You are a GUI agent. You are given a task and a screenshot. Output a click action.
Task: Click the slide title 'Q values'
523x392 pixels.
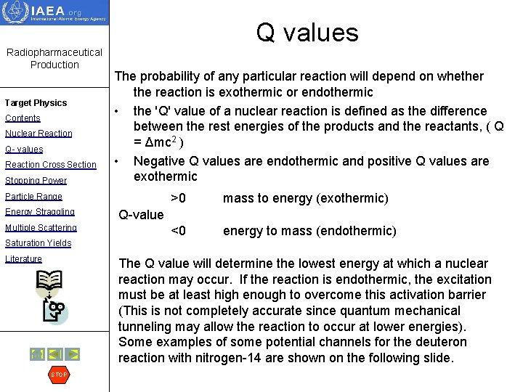307,33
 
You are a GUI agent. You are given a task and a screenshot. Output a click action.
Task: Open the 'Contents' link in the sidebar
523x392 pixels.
23,118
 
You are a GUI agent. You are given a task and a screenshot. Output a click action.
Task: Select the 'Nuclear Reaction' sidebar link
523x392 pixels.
38,134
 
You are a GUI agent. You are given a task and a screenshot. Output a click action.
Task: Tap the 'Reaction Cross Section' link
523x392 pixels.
50,165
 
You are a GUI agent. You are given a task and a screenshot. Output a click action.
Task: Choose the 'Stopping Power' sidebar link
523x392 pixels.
36,181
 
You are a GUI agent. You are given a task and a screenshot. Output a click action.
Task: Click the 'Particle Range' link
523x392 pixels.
33,197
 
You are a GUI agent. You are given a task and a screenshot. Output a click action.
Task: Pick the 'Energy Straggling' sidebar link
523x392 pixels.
39,212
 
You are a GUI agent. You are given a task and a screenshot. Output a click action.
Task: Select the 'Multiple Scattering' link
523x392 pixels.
41,228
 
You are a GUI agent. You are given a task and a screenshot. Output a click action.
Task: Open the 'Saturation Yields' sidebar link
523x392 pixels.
38,243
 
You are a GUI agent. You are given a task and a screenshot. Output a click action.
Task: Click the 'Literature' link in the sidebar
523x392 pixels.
23,259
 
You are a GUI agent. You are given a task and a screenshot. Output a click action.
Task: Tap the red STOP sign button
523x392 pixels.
58,375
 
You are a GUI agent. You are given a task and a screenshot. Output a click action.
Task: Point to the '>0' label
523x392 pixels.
178,198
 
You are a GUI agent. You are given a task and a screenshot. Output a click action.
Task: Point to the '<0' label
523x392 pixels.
178,231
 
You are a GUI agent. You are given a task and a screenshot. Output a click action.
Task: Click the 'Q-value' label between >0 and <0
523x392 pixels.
141,214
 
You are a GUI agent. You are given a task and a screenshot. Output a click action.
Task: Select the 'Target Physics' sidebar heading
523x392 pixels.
36,103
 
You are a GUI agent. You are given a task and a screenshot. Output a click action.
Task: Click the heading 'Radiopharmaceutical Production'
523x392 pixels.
54,59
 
